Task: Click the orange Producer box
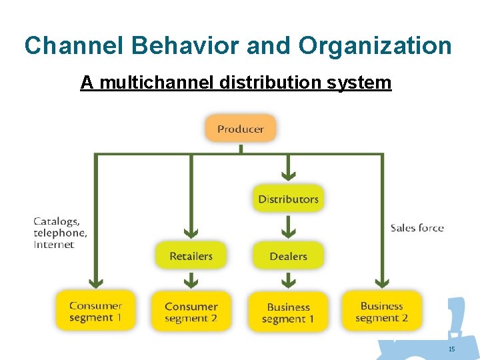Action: click(x=240, y=129)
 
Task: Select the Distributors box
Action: click(x=288, y=199)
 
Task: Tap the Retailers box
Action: click(x=191, y=256)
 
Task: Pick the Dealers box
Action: click(x=288, y=256)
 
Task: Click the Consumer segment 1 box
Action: click(x=95, y=311)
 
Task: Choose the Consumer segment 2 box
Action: click(x=191, y=311)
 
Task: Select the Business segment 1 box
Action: click(x=288, y=312)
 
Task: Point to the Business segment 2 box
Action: click(x=382, y=311)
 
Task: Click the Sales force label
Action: click(x=417, y=228)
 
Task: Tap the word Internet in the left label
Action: click(x=54, y=245)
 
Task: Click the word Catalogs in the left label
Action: click(x=56, y=221)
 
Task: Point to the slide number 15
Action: click(x=451, y=349)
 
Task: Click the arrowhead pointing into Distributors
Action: click(x=288, y=176)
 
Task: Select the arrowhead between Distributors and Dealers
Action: click(x=288, y=233)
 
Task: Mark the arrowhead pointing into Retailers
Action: click(x=191, y=233)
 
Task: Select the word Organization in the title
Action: click(x=375, y=45)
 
